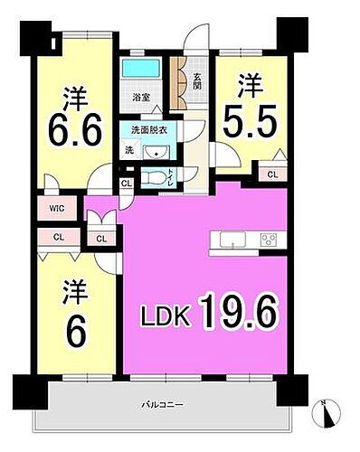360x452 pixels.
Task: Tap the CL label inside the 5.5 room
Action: tap(272, 174)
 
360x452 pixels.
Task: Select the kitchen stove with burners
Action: tap(269, 240)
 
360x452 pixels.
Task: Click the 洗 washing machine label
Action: tap(128, 150)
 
